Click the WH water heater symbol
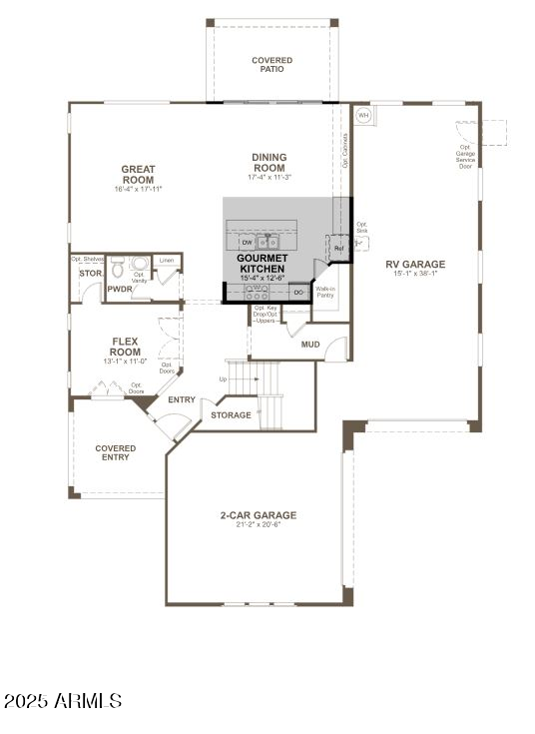point(363,116)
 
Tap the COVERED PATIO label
point(271,65)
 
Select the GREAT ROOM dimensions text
point(138,189)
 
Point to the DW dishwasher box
point(247,242)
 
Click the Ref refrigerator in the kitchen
point(338,248)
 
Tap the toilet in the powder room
point(117,268)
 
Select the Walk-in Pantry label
point(325,292)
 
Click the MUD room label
point(310,345)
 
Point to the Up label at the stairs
point(223,378)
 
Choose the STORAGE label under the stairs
point(232,415)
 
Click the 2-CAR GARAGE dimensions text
point(258,524)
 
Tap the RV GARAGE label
point(415,265)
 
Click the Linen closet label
point(167,260)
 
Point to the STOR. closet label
point(91,273)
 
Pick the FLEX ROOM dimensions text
point(125,362)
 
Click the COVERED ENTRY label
point(116,453)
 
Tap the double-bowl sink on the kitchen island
point(268,242)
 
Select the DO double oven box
point(297,292)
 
